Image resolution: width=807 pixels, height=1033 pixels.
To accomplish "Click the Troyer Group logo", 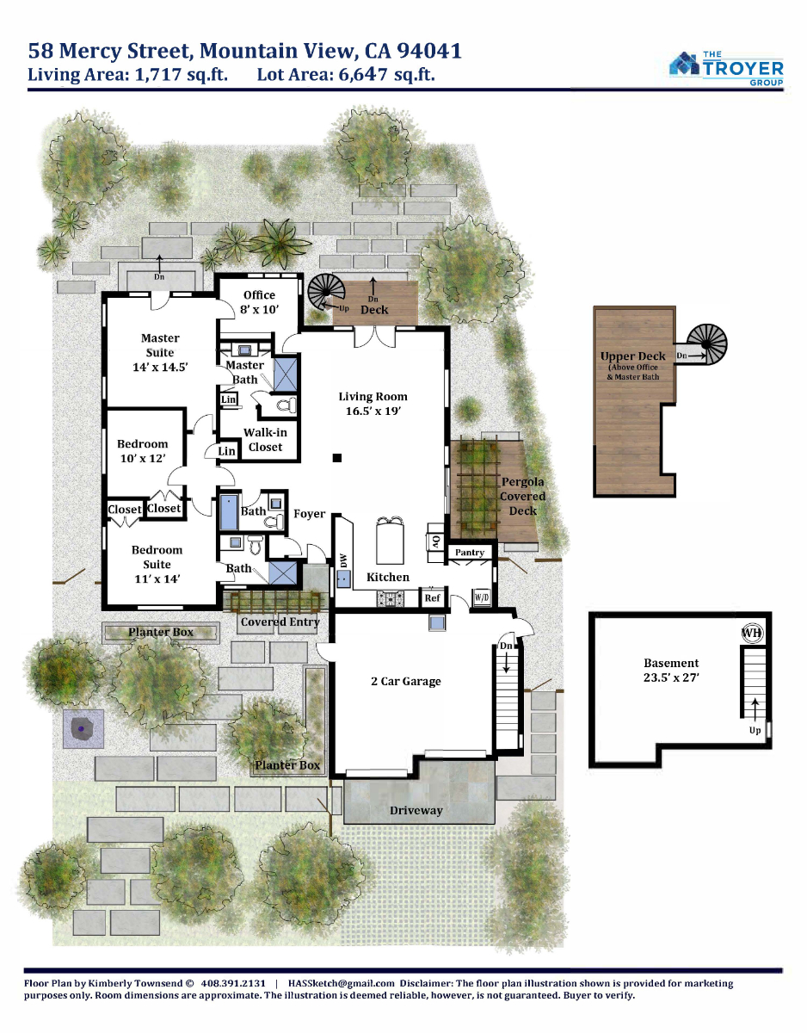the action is point(726,69).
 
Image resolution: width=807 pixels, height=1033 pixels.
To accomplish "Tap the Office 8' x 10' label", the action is point(259,302).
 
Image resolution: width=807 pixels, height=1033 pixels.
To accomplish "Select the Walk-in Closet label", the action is point(265,440).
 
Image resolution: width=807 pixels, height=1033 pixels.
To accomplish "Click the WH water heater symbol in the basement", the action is point(752,633).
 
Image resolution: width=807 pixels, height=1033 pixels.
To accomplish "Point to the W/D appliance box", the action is point(482,597).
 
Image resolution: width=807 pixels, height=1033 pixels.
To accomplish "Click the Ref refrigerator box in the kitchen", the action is point(432,597).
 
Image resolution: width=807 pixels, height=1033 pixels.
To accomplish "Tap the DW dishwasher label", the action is point(343,561).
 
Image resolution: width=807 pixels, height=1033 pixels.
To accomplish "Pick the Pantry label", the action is point(469,552).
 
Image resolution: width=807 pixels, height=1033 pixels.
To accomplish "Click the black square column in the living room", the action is point(337,458).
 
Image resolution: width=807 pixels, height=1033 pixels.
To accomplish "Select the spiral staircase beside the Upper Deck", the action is point(707,344).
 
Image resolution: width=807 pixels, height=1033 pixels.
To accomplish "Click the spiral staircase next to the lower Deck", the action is point(327,292).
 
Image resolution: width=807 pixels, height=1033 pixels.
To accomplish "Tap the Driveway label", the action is point(416,810).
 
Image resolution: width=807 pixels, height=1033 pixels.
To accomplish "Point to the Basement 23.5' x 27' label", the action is point(671,670).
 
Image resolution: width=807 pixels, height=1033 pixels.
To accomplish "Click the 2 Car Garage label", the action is point(405,681).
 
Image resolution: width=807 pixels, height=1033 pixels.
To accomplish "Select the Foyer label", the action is point(309,513).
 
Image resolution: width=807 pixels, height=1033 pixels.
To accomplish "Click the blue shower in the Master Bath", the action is point(286,374).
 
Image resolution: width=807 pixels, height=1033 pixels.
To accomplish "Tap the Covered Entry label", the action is point(280,622).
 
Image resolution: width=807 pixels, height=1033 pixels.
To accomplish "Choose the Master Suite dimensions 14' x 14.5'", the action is point(160,367).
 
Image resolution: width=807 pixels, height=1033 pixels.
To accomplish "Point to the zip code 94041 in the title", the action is point(429,51).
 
